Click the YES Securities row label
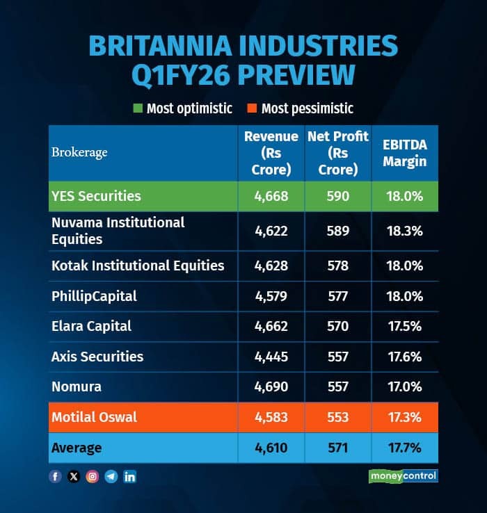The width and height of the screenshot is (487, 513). pyautogui.click(x=96, y=196)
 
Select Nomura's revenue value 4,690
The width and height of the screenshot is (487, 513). pyautogui.click(x=271, y=386)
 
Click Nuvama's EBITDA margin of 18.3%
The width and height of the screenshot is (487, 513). pyautogui.click(x=405, y=231)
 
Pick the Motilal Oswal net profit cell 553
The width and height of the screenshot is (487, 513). pyautogui.click(x=338, y=417)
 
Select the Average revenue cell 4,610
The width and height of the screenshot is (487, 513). pyautogui.click(x=271, y=448)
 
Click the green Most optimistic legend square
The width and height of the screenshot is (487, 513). pyautogui.click(x=137, y=108)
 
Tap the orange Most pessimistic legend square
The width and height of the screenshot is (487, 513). pyautogui.click(x=251, y=108)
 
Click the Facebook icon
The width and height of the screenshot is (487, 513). pyautogui.click(x=56, y=477)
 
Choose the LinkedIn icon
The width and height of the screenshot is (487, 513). pyautogui.click(x=130, y=477)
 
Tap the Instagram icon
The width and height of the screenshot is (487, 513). pyautogui.click(x=93, y=477)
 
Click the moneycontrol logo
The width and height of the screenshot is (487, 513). pyautogui.click(x=403, y=476)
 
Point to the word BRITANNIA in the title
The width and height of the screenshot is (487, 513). pyautogui.click(x=166, y=46)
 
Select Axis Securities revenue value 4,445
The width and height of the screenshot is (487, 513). pyautogui.click(x=271, y=357)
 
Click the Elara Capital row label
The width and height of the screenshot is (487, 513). pyautogui.click(x=91, y=326)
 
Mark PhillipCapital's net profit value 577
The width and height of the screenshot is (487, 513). pyautogui.click(x=338, y=296)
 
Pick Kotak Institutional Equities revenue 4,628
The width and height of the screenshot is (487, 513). pyautogui.click(x=271, y=266)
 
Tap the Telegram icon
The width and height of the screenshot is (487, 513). pyautogui.click(x=111, y=477)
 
